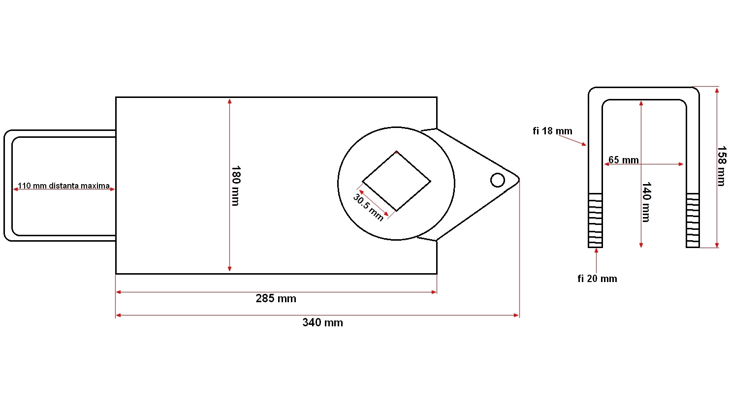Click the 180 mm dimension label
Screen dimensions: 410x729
point(235,186)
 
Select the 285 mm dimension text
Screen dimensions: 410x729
point(276,298)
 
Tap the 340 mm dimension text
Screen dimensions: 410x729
point(322,322)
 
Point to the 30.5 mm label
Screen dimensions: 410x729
point(368,207)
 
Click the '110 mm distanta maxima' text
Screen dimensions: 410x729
point(63,186)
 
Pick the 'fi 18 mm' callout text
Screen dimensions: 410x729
point(552,131)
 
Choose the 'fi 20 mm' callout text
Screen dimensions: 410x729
point(597,279)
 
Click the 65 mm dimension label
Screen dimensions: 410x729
point(623,160)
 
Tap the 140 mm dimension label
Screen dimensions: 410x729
point(646,202)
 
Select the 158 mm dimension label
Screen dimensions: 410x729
point(721,166)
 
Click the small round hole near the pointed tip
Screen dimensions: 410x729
point(498,180)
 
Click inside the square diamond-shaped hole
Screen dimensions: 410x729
point(396,181)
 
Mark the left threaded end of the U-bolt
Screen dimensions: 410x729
point(595,220)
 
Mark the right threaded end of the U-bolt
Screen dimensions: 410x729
point(693,220)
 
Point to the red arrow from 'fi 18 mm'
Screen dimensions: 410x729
point(572,140)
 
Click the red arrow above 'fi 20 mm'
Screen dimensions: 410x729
point(596,260)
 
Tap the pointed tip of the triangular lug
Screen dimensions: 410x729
point(518,180)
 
